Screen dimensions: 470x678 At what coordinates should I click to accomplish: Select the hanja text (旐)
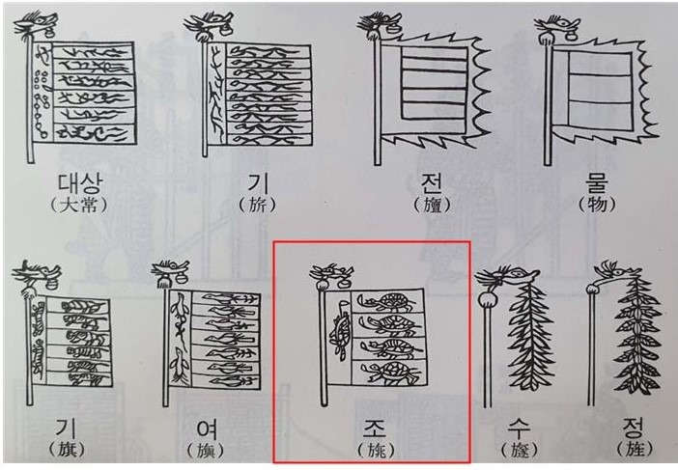(371, 449)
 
